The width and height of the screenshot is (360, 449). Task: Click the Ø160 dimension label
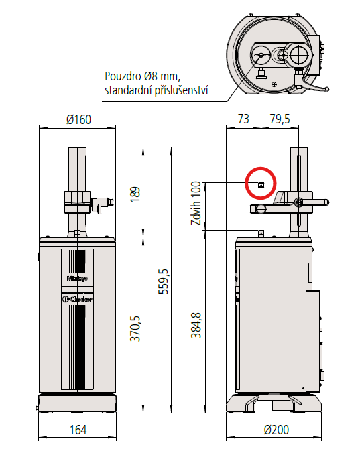point(79,120)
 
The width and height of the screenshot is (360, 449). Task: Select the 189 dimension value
point(136,192)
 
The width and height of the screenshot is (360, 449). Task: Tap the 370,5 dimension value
point(136,326)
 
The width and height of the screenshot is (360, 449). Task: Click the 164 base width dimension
point(78,430)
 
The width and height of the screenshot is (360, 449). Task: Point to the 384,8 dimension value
point(196,326)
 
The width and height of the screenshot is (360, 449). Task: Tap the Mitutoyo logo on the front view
point(78,276)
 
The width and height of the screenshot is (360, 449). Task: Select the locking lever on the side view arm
point(315,202)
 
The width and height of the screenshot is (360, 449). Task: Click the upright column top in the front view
point(78,150)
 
